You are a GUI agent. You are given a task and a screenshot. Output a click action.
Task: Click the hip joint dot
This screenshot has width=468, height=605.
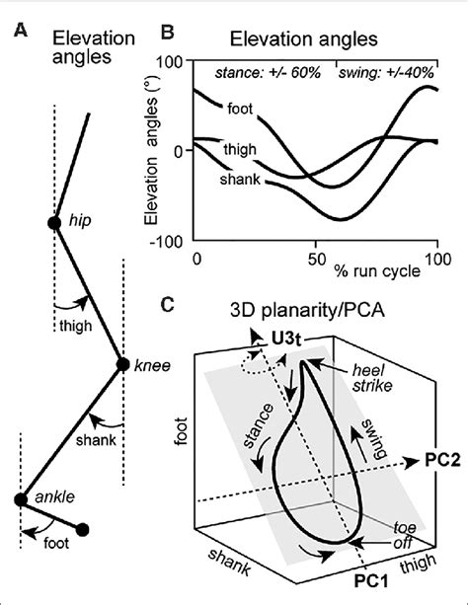pos(54,222)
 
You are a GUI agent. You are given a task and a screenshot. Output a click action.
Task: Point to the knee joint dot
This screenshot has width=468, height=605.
pos(122,365)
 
